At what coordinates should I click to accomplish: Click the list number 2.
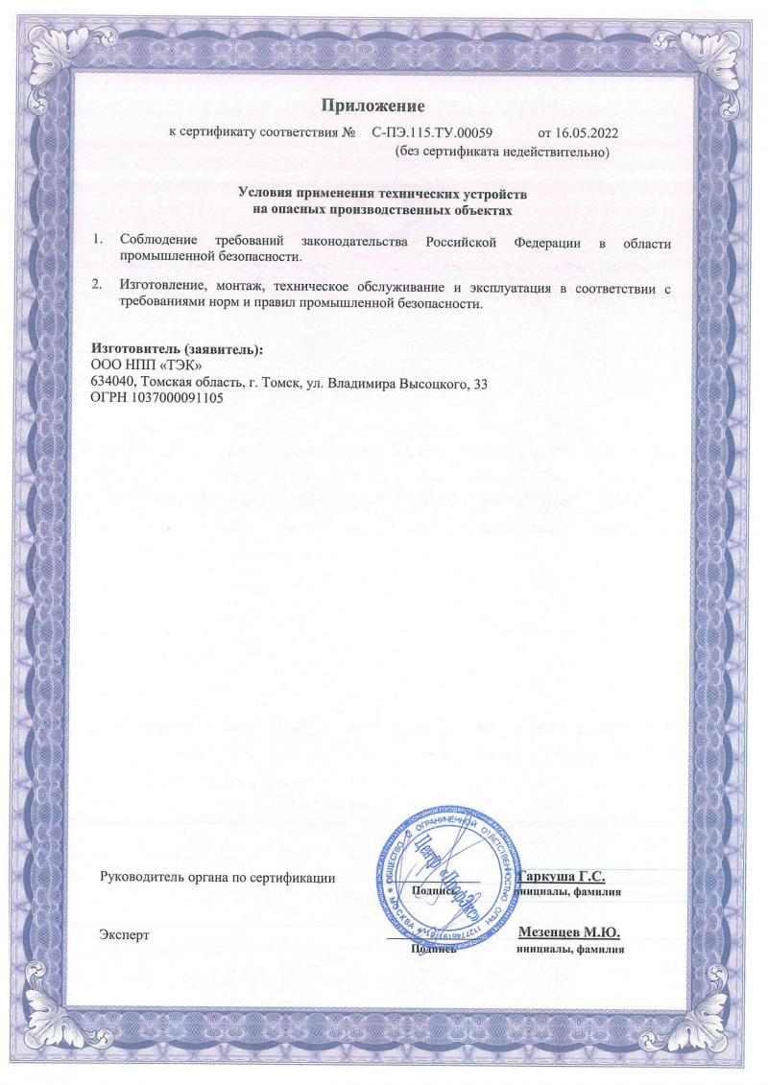pyautogui.click(x=96, y=286)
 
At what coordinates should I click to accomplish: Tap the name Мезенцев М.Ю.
pyautogui.click(x=568, y=932)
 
